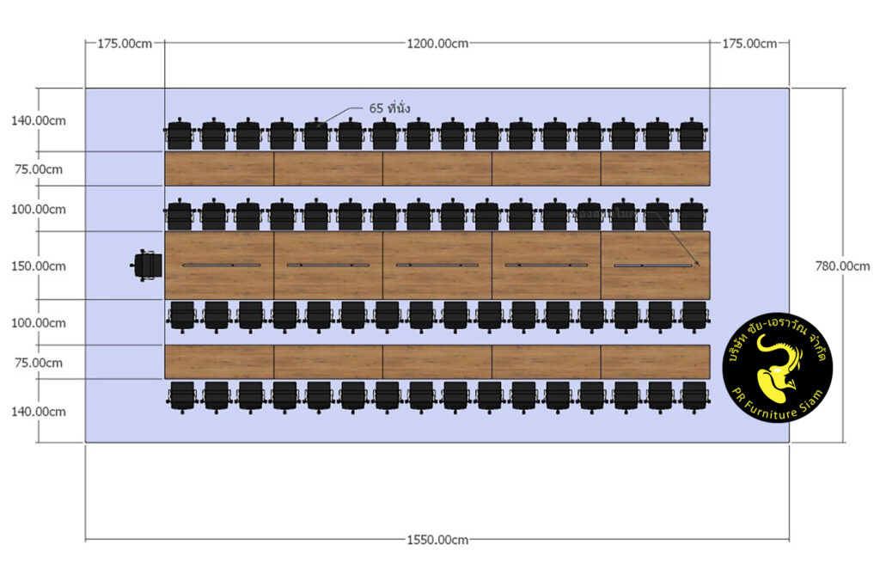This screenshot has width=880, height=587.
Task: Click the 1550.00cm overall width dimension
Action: [x=437, y=540]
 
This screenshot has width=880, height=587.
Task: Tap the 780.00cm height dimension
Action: [x=841, y=266]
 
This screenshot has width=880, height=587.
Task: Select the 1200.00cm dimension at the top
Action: [x=437, y=43]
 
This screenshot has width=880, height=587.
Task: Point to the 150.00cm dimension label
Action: [x=39, y=266]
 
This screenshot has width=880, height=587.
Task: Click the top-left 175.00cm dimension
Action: [x=125, y=43]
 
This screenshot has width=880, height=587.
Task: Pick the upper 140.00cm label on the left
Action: [x=39, y=120]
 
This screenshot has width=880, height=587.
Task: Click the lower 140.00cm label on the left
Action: [x=39, y=411]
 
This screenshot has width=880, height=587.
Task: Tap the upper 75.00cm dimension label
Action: [x=39, y=169]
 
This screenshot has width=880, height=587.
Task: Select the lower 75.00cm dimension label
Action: [x=39, y=363]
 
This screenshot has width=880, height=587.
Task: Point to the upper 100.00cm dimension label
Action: [x=39, y=209]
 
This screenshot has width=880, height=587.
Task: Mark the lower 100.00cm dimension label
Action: [x=39, y=322]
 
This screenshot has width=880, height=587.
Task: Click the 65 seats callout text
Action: [x=389, y=108]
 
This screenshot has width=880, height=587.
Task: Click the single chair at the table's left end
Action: [x=147, y=265]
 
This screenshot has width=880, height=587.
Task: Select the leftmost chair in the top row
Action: [x=180, y=135]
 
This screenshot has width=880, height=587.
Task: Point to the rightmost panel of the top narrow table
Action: [x=655, y=168]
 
